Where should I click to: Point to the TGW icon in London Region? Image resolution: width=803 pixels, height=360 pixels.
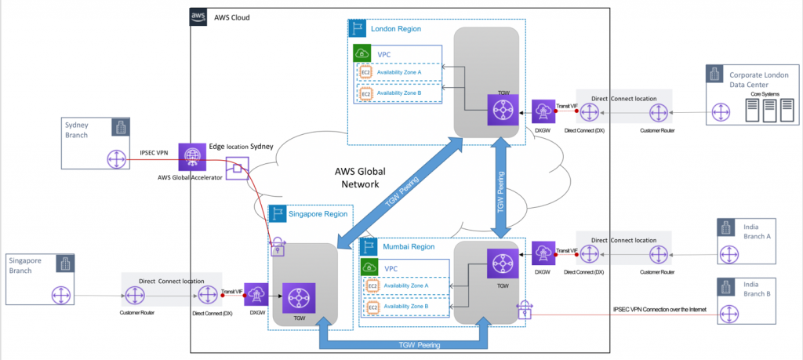tap(499, 110)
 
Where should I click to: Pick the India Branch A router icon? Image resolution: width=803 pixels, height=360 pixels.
tap(730, 256)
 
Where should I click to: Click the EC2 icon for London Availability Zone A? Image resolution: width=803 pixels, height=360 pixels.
tap(365, 72)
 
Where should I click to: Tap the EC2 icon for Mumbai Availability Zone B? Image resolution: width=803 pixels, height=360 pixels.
tap(373, 307)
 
